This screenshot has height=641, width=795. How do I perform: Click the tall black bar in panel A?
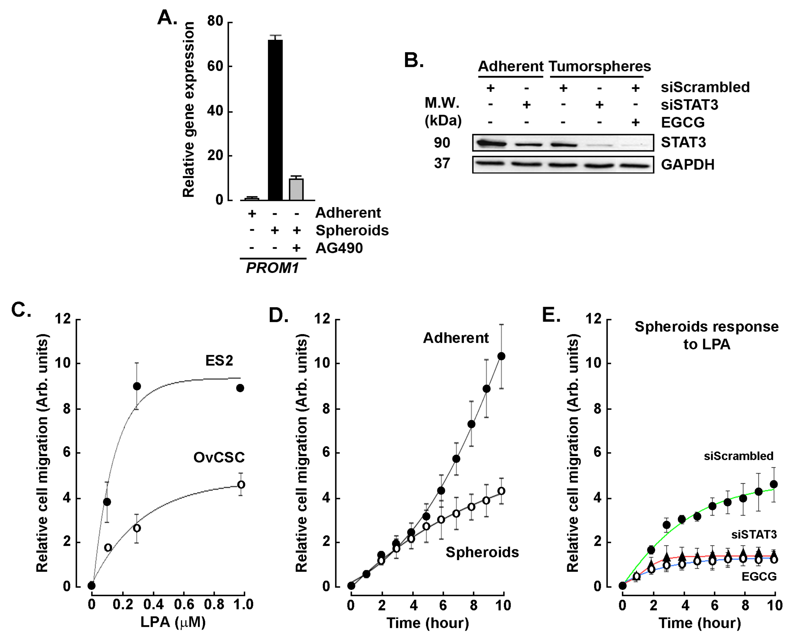click(275, 120)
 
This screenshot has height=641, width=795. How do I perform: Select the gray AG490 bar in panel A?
click(296, 190)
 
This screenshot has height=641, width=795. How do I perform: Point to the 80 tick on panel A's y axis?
click(215, 22)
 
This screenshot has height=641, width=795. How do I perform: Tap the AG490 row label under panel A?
click(339, 248)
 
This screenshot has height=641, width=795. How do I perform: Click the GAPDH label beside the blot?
click(687, 165)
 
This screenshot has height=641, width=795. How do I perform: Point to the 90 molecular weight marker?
click(442, 143)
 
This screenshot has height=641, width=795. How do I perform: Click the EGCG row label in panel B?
click(683, 123)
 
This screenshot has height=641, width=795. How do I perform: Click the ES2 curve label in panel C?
click(219, 360)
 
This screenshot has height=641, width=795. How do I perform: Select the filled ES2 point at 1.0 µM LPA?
click(240, 388)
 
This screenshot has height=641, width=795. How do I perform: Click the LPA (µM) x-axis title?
click(173, 623)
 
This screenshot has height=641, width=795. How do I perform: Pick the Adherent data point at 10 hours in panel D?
click(502, 356)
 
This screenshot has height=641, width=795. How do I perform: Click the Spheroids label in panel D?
click(482, 552)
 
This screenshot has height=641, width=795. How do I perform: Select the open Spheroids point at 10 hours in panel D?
click(502, 491)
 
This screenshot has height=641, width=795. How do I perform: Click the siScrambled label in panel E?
click(738, 456)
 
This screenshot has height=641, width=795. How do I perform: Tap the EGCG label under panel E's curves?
click(759, 576)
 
